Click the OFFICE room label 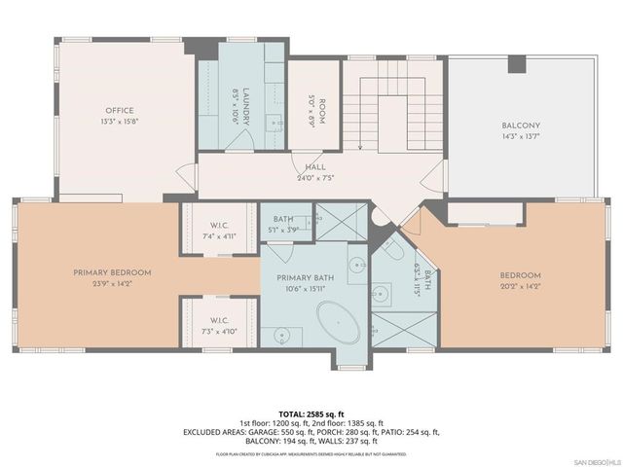[119, 110]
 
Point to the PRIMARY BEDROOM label [107, 272]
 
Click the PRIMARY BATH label [310, 277]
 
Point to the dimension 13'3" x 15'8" [119, 122]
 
